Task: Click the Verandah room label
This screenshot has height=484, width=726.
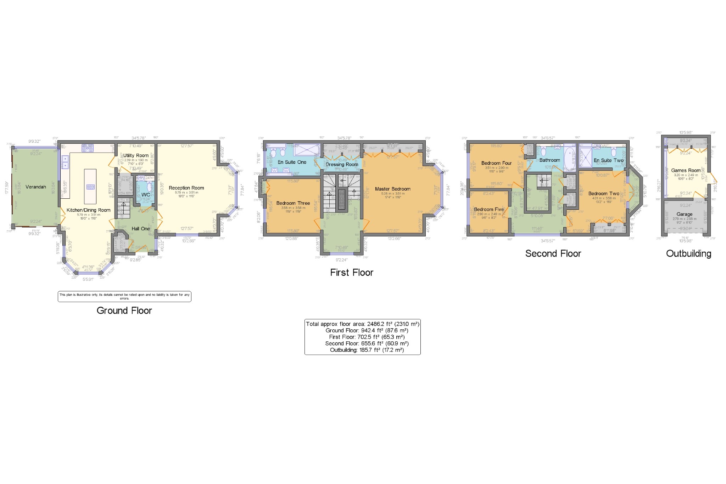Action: (x=36, y=187)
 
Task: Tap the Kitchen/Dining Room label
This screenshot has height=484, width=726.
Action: (x=89, y=210)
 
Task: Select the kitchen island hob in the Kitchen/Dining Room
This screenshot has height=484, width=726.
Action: (x=90, y=187)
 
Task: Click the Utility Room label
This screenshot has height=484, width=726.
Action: (x=136, y=155)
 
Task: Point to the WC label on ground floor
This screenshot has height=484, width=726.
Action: (x=146, y=195)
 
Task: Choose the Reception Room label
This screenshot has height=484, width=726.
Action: (x=186, y=188)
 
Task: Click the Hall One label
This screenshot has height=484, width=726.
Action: (x=141, y=229)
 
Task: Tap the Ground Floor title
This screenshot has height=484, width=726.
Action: (x=124, y=310)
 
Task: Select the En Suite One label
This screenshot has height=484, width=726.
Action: (x=292, y=162)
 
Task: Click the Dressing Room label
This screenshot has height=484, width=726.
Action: (x=342, y=164)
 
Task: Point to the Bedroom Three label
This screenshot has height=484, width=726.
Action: (x=293, y=203)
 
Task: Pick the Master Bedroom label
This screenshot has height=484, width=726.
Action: (x=393, y=189)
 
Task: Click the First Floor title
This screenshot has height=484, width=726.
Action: (x=352, y=273)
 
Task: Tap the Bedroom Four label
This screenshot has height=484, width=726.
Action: (x=496, y=163)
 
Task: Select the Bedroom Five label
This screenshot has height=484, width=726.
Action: (x=489, y=209)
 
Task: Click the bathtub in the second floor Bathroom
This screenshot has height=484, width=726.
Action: (x=570, y=158)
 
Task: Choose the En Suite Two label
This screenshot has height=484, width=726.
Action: (x=609, y=160)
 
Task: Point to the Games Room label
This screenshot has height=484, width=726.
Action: (x=686, y=170)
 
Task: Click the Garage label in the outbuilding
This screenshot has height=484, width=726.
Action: (x=685, y=214)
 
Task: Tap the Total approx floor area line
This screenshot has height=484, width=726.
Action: (x=363, y=324)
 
